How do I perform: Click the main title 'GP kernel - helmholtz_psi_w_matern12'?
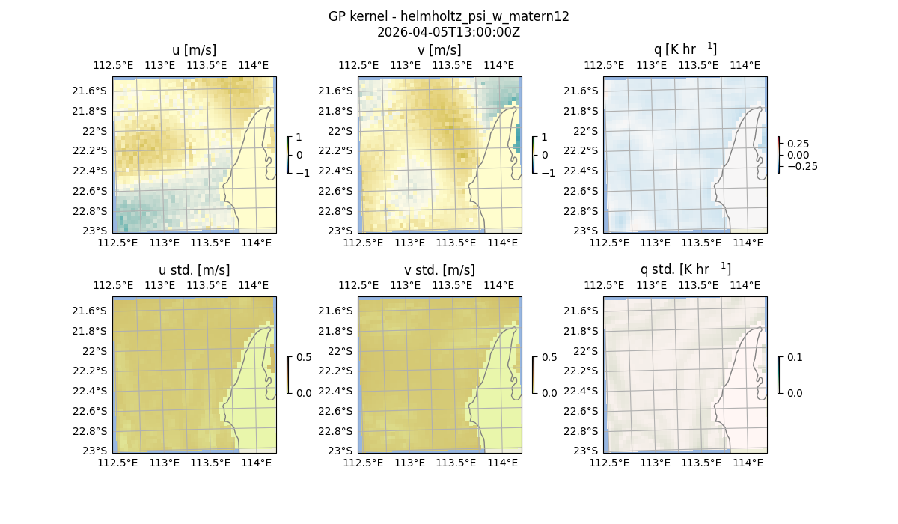point(448,16)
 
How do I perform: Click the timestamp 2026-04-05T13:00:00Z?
point(448,32)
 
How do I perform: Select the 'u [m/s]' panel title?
point(194,50)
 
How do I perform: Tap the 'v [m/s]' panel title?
point(439,50)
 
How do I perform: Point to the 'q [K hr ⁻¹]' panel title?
point(685,49)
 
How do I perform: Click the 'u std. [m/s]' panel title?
point(194,270)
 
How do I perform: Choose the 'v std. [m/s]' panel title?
point(439,270)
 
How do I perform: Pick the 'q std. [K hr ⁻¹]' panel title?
point(685,269)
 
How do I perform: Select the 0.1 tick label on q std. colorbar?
point(794,358)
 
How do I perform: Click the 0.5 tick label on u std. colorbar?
point(304,358)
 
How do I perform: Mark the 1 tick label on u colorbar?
point(299,138)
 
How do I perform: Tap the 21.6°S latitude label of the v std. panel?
point(336,311)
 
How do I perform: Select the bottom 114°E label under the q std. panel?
point(748,463)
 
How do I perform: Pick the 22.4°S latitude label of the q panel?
point(581,171)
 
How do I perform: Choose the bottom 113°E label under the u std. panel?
point(165,463)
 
